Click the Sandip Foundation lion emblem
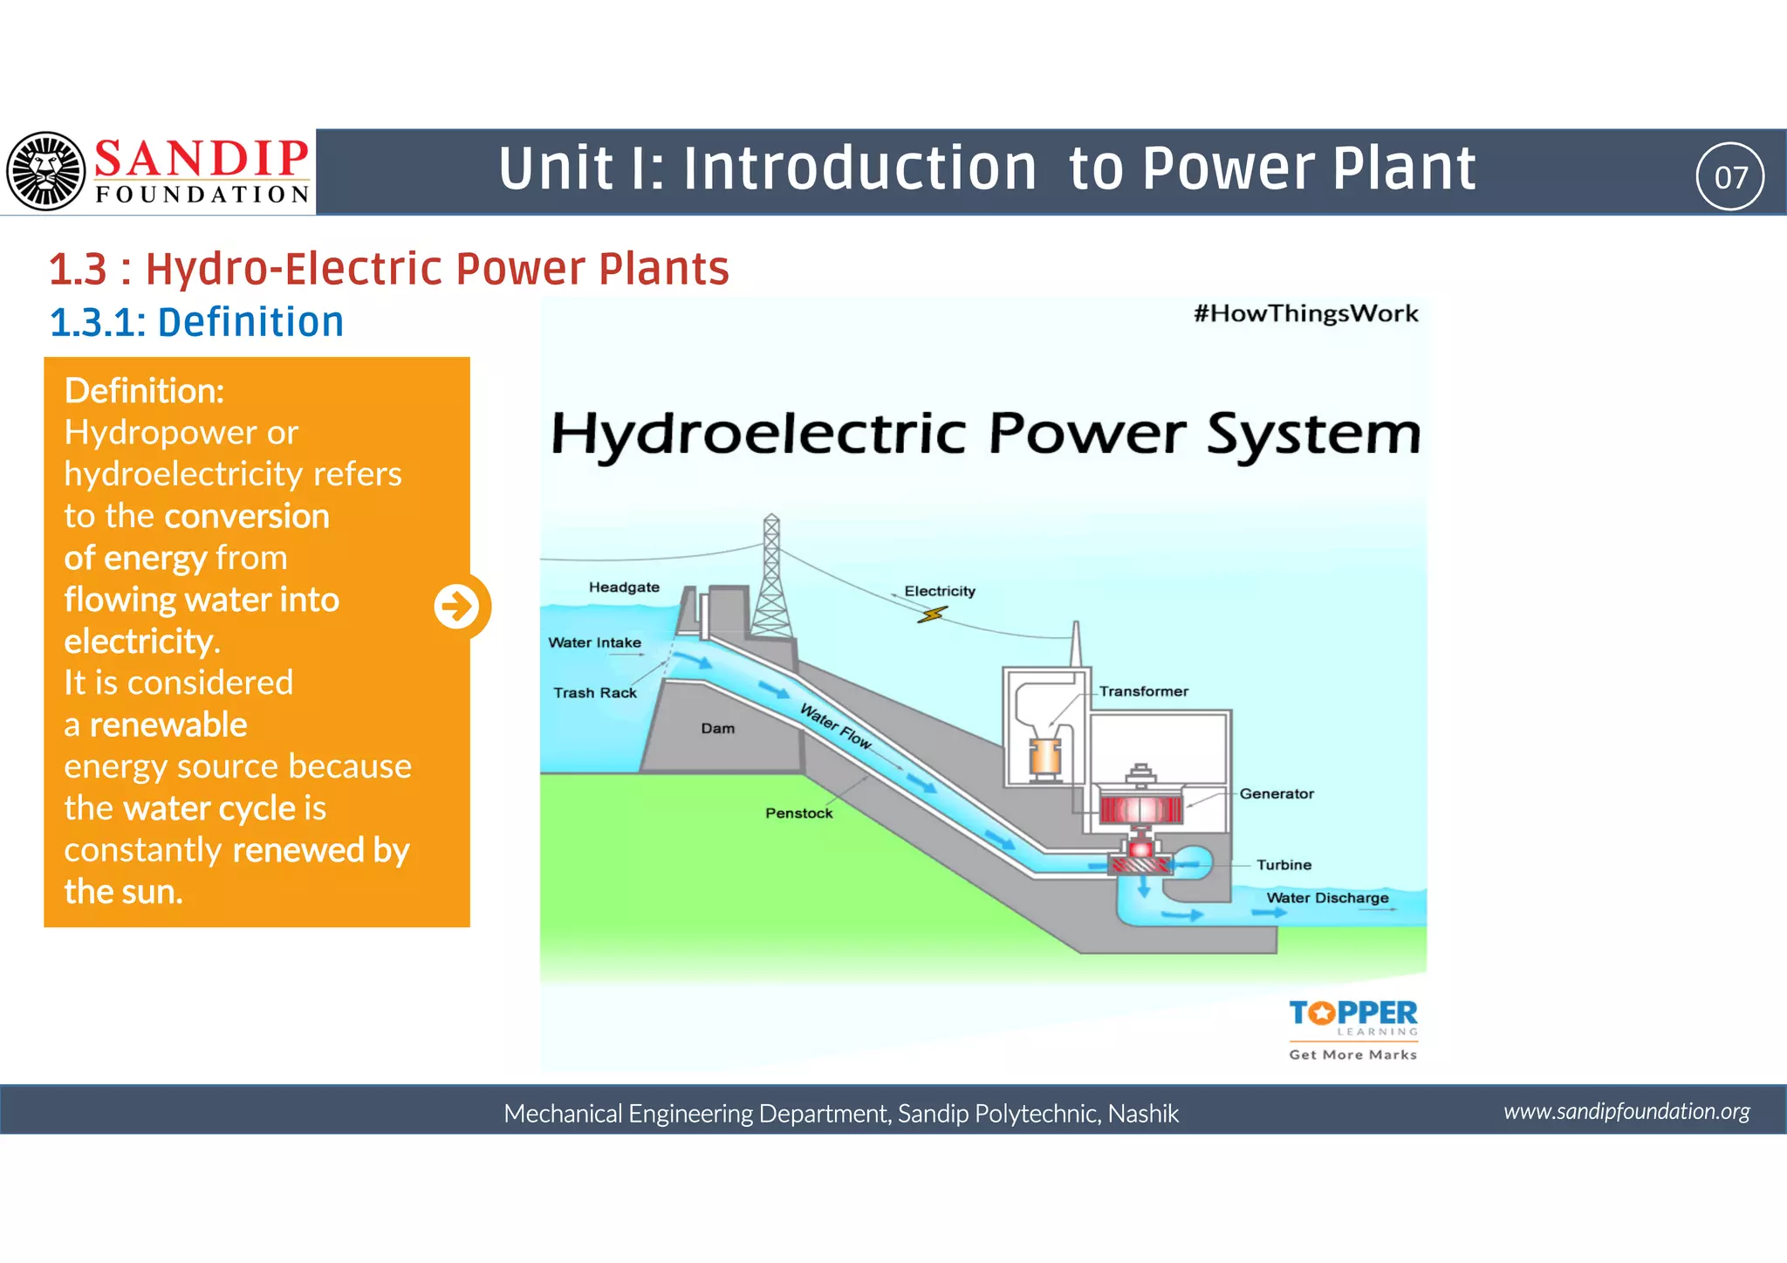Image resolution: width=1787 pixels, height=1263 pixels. click(x=46, y=171)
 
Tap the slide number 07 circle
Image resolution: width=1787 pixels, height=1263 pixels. click(x=1729, y=176)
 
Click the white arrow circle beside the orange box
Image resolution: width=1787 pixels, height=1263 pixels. click(x=456, y=606)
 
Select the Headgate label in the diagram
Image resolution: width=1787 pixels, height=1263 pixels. click(x=624, y=587)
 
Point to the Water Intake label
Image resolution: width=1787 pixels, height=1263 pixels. click(x=594, y=642)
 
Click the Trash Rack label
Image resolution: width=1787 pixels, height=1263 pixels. click(x=594, y=693)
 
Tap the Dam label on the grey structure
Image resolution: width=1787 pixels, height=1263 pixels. click(x=717, y=729)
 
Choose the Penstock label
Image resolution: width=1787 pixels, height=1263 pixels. click(x=798, y=813)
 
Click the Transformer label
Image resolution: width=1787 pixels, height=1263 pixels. click(x=1143, y=691)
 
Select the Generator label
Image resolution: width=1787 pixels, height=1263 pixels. click(x=1276, y=793)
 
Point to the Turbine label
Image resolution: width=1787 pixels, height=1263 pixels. click(x=1283, y=865)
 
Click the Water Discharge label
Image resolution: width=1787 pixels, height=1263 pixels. click(x=1326, y=898)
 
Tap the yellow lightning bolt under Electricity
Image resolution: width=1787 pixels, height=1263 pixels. click(x=932, y=615)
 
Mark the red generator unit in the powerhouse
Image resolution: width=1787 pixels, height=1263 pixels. click(x=1140, y=809)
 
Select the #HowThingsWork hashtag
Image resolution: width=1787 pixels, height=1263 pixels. click(x=1305, y=314)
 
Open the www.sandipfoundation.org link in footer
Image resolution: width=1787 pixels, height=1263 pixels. click(x=1626, y=1111)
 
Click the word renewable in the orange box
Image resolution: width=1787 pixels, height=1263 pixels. click(x=168, y=724)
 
